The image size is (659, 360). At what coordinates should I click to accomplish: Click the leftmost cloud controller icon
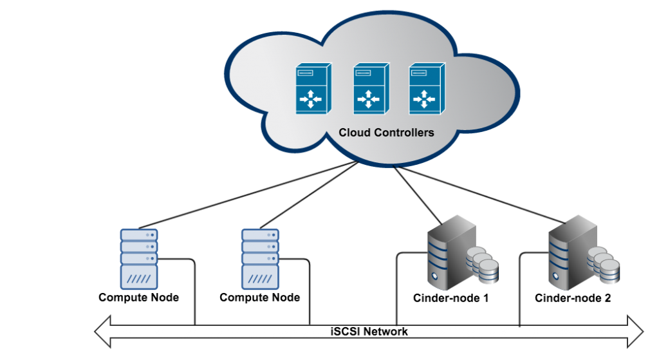pyautogui.click(x=313, y=89)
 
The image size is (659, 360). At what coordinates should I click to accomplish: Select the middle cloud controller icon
pyautogui.click(x=370, y=89)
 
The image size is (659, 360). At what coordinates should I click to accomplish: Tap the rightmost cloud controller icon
pyautogui.click(x=426, y=89)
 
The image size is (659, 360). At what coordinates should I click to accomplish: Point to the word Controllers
pyautogui.click(x=403, y=133)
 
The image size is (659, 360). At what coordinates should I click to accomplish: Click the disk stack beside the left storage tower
pyautogui.click(x=483, y=265)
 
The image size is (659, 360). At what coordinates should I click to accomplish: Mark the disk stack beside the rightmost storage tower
pyautogui.click(x=604, y=265)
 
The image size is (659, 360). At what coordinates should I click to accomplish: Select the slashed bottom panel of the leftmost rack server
pyautogui.click(x=139, y=279)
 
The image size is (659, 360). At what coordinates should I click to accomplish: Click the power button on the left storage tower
pyautogui.click(x=435, y=278)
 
